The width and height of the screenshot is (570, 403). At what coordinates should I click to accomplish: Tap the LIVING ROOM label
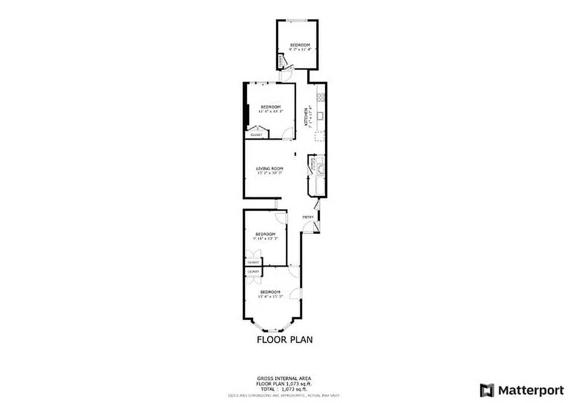[x=270, y=169]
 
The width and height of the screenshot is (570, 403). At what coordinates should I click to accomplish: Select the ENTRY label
[x=308, y=217]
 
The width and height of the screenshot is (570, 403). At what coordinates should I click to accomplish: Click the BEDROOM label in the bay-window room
[x=270, y=292]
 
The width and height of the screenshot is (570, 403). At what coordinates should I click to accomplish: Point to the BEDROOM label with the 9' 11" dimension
[x=265, y=234]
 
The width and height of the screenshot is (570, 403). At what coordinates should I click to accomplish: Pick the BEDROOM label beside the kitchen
[x=270, y=107]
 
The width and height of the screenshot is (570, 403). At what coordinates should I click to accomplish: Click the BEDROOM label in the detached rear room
[x=299, y=45]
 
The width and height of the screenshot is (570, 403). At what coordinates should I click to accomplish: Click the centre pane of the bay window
[x=272, y=329]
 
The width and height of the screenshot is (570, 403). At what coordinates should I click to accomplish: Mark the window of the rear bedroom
[x=296, y=20]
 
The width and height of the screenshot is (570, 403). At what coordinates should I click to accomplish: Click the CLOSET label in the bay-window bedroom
[x=253, y=272]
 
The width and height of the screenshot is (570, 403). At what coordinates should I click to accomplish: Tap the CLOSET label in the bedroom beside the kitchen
[x=257, y=135]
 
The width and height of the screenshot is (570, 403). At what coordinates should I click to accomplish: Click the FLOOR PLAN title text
[x=285, y=340]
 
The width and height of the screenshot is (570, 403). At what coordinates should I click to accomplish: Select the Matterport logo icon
[x=486, y=390]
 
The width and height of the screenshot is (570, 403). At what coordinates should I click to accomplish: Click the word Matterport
[x=524, y=390]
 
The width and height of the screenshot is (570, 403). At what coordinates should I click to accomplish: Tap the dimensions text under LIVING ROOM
[x=270, y=173]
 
